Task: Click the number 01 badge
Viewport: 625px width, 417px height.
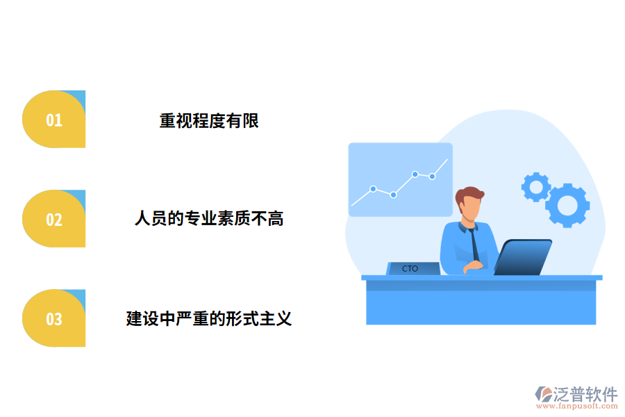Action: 54,120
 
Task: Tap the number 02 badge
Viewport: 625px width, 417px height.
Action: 54,219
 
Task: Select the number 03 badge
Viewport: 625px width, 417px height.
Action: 54,318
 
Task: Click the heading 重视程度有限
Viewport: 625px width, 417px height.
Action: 209,120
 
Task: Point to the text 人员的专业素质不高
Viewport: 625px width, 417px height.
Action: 209,220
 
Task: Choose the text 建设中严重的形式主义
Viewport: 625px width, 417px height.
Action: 209,319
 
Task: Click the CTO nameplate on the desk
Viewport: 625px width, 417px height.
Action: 412,268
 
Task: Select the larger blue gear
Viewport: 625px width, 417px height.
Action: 567,205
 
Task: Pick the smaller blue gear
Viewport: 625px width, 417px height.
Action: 535,187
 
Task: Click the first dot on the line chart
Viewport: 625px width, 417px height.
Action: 373,188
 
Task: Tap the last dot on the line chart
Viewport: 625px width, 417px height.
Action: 432,177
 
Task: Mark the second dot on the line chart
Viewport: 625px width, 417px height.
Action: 393,195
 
